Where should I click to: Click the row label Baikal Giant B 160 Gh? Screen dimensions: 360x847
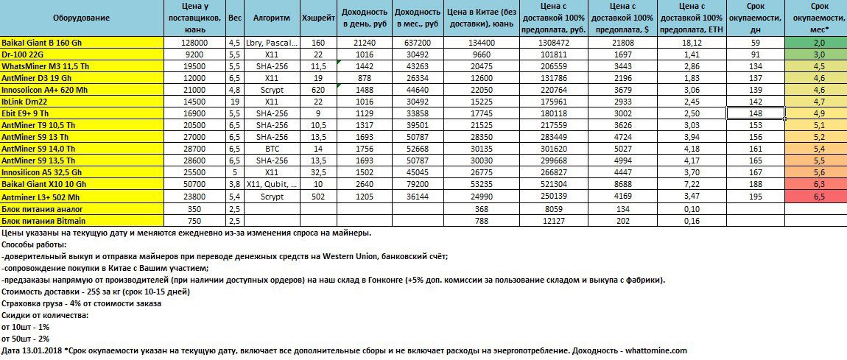tap(45, 43)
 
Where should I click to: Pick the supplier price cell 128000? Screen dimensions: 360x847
tap(181, 43)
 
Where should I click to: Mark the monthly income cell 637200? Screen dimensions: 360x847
tap(418, 43)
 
